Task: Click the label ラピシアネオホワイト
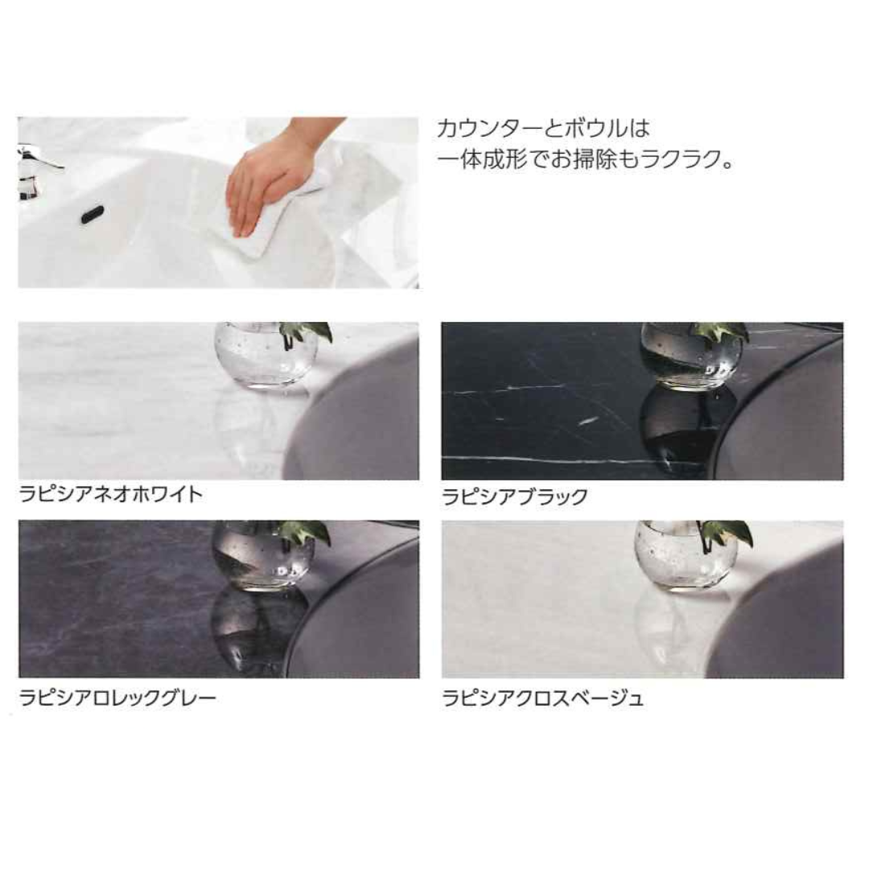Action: (111, 494)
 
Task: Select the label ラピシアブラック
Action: (515, 496)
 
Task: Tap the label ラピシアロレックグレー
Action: (117, 697)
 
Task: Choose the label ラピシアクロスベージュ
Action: (542, 698)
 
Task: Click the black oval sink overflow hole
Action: (93, 215)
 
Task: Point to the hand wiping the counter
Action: (272, 177)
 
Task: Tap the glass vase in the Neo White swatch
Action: (266, 356)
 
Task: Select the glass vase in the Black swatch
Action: (691, 356)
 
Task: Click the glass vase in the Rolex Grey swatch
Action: (264, 554)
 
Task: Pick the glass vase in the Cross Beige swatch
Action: (686, 555)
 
